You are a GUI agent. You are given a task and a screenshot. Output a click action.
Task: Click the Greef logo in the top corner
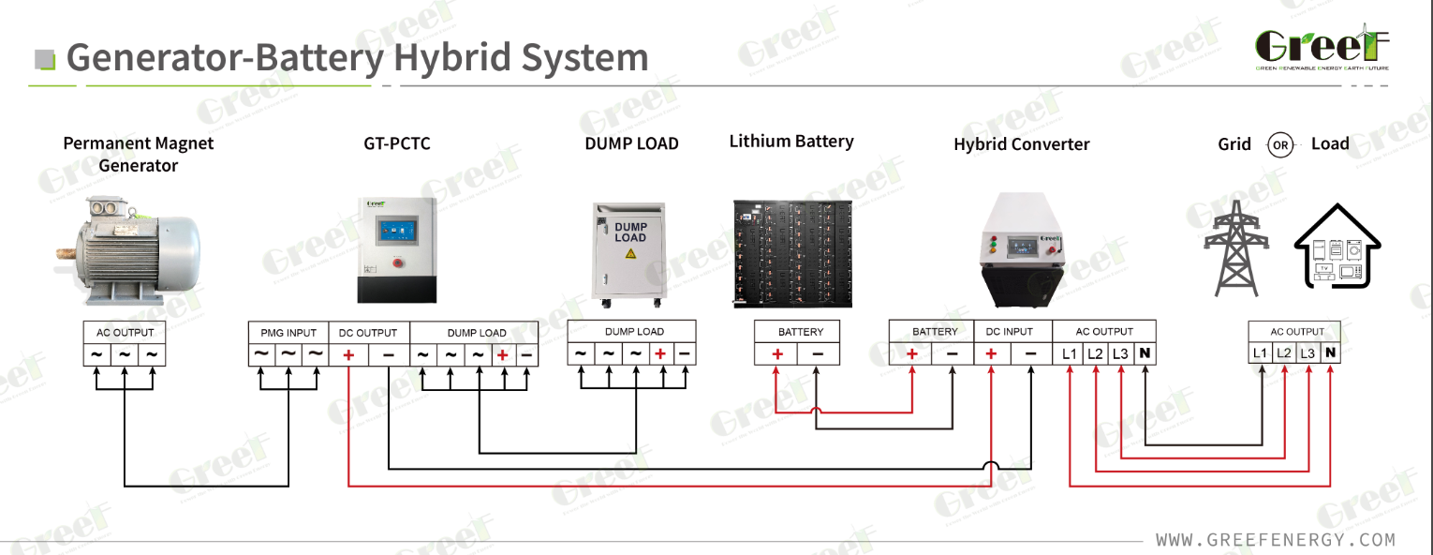tap(1322, 48)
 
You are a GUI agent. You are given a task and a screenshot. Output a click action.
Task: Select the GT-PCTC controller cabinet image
tap(397, 248)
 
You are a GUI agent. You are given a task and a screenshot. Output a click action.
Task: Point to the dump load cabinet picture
tap(631, 254)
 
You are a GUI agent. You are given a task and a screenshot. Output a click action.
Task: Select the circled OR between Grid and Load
tap(1280, 145)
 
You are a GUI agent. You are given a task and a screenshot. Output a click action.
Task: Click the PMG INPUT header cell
tap(288, 333)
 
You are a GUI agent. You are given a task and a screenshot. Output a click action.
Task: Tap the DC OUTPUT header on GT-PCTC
tap(368, 333)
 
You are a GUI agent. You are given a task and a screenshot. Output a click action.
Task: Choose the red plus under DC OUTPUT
tap(348, 355)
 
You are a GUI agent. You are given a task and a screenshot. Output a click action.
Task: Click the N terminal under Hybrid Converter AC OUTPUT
tap(1145, 354)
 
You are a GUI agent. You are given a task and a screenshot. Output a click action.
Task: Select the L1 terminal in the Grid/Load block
tap(1261, 354)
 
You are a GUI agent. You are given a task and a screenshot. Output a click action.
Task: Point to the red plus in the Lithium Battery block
tap(776, 354)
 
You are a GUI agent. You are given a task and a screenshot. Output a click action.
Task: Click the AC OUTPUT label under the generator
tap(125, 333)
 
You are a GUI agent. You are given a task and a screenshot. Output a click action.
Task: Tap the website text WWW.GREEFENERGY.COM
tap(1275, 540)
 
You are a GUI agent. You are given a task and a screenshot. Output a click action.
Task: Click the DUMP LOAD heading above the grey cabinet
tap(631, 144)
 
